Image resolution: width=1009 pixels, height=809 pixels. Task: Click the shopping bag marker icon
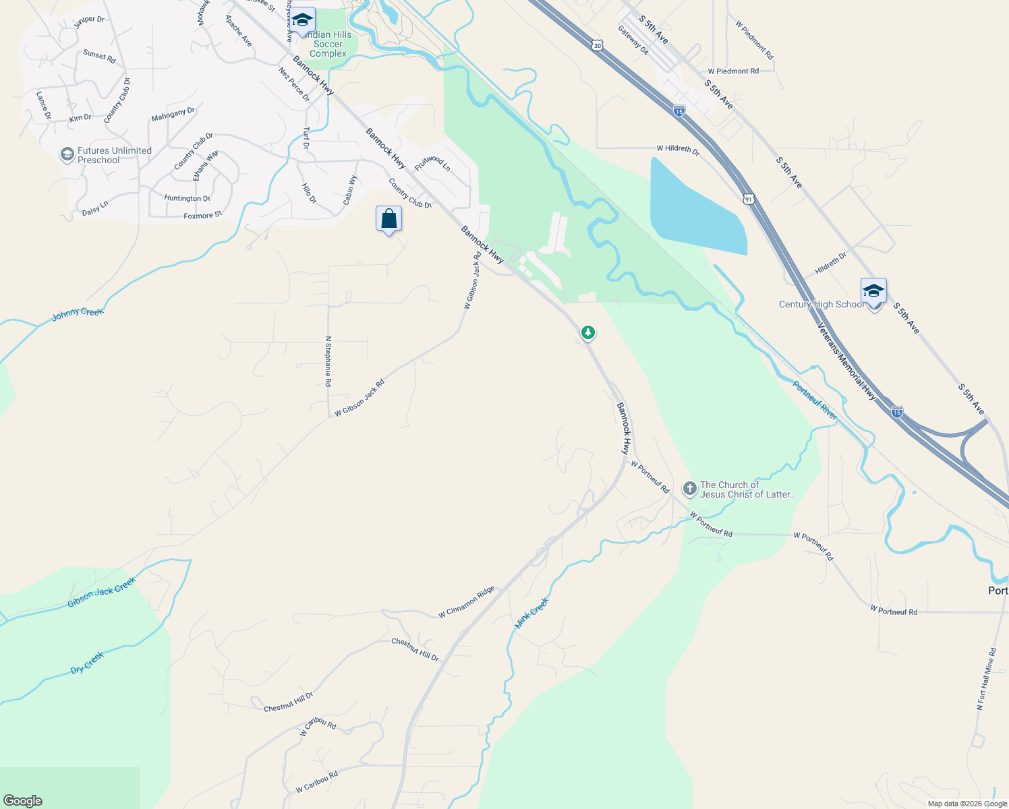click(388, 219)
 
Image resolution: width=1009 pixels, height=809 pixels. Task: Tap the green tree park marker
click(588, 332)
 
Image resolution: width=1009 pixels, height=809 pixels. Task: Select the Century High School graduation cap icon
click(873, 291)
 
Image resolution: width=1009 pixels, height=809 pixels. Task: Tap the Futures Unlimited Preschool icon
click(67, 155)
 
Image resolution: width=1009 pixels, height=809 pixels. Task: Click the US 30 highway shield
click(598, 45)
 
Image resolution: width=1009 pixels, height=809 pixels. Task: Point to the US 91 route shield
click(749, 200)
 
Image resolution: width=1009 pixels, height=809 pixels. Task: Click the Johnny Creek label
click(78, 313)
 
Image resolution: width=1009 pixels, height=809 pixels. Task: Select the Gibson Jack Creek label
click(101, 592)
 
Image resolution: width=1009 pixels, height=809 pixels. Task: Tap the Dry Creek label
click(88, 663)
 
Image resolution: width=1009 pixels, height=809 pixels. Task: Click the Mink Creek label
click(532, 613)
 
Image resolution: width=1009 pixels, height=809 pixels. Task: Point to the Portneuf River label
click(815, 401)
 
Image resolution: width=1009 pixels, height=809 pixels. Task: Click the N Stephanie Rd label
click(328, 361)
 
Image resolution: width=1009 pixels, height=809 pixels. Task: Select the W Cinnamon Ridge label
click(467, 602)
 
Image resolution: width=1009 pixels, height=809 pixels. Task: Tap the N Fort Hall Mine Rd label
click(986, 679)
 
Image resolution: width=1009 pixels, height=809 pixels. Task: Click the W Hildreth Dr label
click(678, 149)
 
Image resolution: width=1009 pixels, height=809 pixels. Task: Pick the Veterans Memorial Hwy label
click(846, 362)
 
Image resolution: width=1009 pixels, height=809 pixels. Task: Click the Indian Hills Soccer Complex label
click(328, 44)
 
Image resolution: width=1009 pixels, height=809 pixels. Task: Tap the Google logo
click(22, 801)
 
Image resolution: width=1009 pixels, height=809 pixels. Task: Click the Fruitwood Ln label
click(432, 162)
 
